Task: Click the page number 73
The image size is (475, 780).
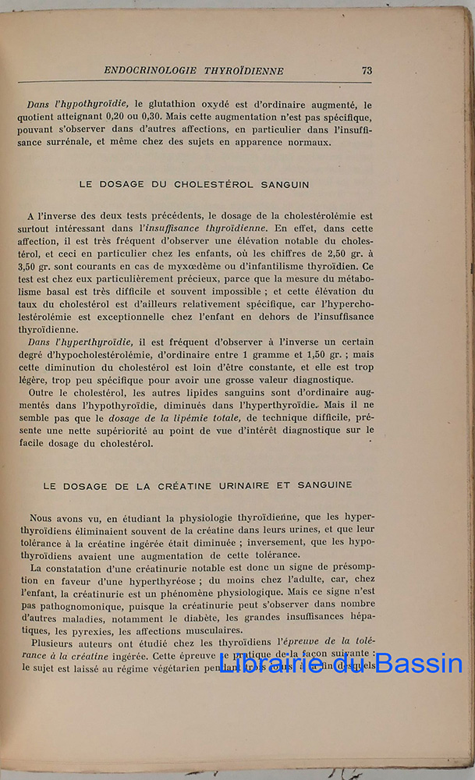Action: [367, 70]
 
